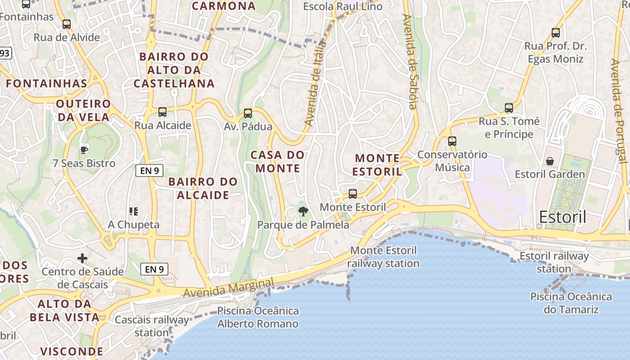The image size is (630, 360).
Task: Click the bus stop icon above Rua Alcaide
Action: click(x=162, y=112)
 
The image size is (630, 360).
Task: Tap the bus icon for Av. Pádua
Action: click(x=247, y=113)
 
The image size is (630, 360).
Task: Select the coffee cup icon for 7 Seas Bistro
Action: click(x=84, y=150)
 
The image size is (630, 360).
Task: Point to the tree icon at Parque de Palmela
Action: click(x=303, y=211)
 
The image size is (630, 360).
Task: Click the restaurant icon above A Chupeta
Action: click(x=133, y=211)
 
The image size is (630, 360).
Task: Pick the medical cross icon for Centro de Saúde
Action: click(x=82, y=258)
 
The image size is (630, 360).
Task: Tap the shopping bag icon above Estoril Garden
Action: click(x=549, y=161)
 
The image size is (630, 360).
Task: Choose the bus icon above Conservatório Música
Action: click(x=452, y=141)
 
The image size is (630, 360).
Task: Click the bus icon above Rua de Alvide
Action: click(x=67, y=24)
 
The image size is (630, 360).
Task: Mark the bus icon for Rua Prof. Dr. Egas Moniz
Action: click(x=556, y=33)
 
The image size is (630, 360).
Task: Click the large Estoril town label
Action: click(x=562, y=217)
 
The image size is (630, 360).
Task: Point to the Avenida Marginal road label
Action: click(x=229, y=288)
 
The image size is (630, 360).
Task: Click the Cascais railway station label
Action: click(x=152, y=326)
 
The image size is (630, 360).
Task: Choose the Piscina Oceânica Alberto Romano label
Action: click(x=258, y=317)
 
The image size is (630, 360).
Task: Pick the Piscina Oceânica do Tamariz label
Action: click(x=571, y=303)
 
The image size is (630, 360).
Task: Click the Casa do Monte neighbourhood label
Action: click(x=278, y=162)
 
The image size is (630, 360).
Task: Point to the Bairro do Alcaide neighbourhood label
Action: click(x=203, y=188)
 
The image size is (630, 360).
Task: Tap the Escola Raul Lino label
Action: click(x=342, y=6)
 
